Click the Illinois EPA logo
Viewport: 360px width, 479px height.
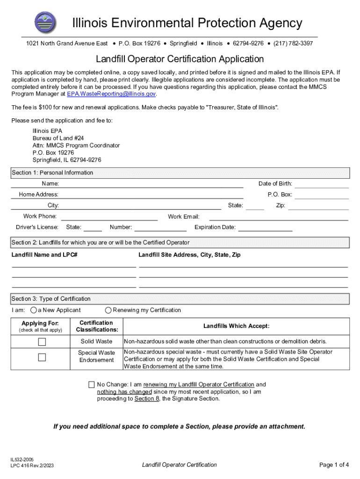pyautogui.click(x=45, y=22)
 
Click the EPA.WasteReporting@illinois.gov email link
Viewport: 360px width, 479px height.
pyautogui.click(x=111, y=94)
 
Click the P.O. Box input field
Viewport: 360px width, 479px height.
pyautogui.click(x=322, y=194)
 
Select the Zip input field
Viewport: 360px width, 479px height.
pyautogui.click(x=318, y=205)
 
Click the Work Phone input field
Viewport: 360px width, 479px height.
pyautogui.click(x=109, y=217)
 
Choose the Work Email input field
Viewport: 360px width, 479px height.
pyautogui.click(x=278, y=217)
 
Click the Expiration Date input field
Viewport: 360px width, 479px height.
pyautogui.click(x=265, y=228)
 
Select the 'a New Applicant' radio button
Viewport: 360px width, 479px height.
pyautogui.click(x=34, y=310)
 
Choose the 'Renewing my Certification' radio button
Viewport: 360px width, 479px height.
pyautogui.click(x=108, y=310)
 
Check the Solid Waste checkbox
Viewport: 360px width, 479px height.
pyautogui.click(x=42, y=341)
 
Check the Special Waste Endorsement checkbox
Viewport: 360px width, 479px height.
pyautogui.click(x=42, y=358)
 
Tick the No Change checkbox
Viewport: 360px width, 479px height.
pyautogui.click(x=91, y=385)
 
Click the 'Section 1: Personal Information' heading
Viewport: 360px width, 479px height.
pyautogui.click(x=52, y=173)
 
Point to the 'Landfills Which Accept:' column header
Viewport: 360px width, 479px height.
pyautogui.click(x=236, y=326)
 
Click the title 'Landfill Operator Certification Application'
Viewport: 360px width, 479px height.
pyautogui.click(x=180, y=59)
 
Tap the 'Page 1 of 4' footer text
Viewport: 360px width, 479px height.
pyautogui.click(x=334, y=464)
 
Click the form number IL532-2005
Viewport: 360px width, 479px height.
pyautogui.click(x=22, y=460)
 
